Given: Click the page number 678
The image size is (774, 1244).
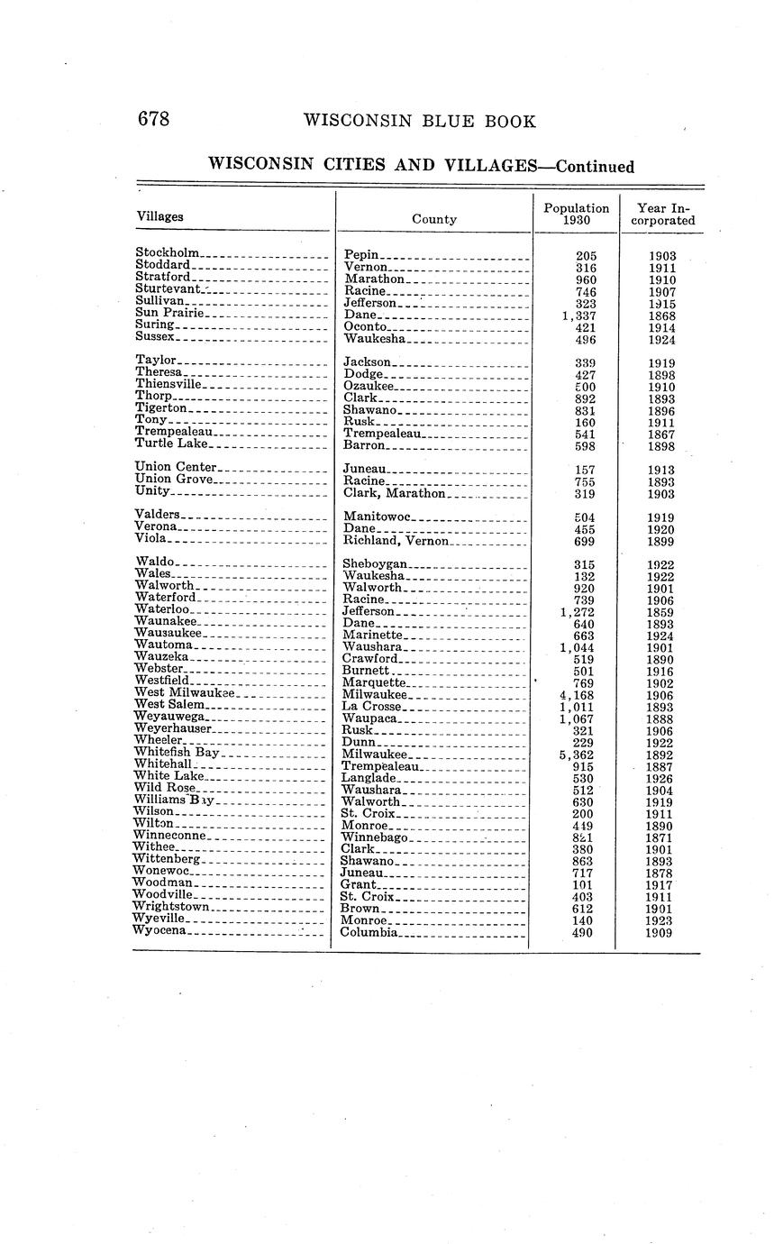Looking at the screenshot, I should coord(153,120).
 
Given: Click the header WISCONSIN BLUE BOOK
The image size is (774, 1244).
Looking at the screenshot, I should coord(420,122).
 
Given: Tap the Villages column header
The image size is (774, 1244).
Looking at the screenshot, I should coord(160,216).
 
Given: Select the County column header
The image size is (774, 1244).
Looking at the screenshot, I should coord(434,219).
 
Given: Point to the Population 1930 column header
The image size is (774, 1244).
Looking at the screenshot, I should coord(577,214).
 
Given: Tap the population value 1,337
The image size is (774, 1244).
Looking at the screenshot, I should coord(578,316).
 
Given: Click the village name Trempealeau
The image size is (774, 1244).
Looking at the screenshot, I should coord(173,432).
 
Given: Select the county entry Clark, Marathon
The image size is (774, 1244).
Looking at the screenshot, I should coord(395,493).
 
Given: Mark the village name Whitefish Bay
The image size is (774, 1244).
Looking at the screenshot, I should coord(177,752).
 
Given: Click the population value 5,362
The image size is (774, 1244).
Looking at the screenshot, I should coord(577,755).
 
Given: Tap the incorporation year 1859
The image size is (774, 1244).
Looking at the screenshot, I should coord(661,612).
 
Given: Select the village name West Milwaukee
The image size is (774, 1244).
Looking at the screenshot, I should coord(184,692).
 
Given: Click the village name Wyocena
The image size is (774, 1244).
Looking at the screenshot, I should coord(159,930).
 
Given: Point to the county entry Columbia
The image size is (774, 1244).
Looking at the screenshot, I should coord(369,932).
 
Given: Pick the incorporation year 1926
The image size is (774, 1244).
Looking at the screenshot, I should coord(661,778).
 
